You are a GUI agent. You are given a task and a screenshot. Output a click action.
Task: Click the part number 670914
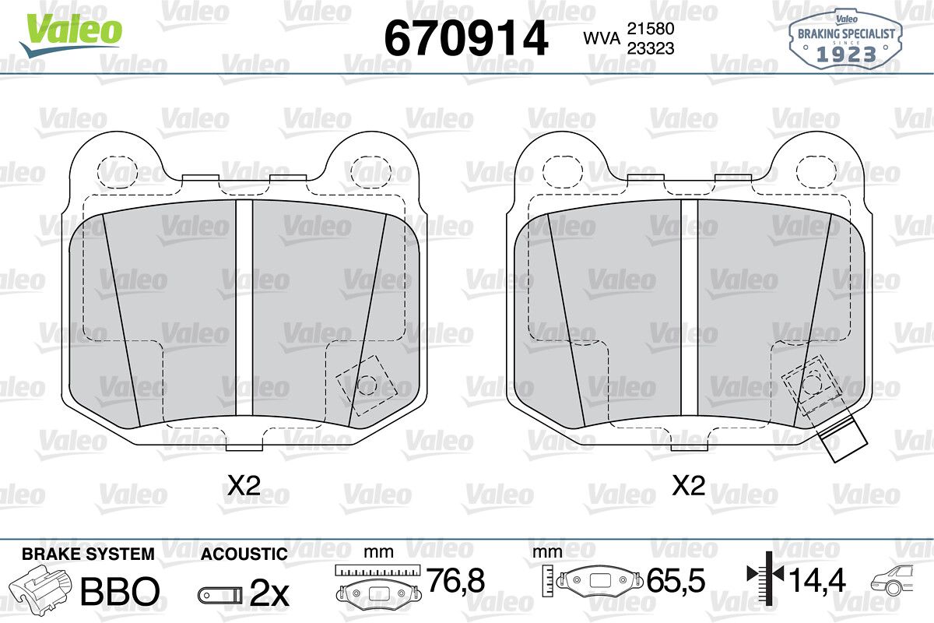pyautogui.click(x=465, y=38)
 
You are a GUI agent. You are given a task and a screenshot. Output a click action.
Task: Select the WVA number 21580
pyautogui.click(x=651, y=29)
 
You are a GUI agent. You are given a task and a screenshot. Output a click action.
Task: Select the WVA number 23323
pyautogui.click(x=651, y=48)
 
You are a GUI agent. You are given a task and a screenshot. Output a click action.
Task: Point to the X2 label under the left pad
pyautogui.click(x=244, y=485)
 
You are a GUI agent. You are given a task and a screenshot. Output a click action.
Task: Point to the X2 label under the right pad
pyautogui.click(x=689, y=485)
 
